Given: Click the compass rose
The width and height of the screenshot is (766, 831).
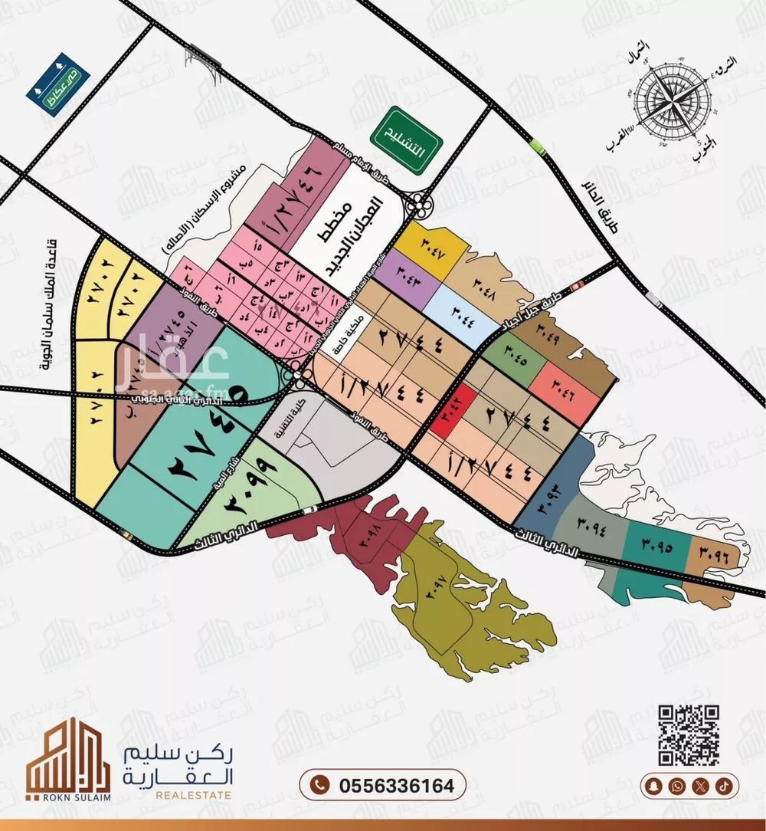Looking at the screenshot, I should point(665,99).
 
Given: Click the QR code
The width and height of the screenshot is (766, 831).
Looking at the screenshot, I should point(689,734).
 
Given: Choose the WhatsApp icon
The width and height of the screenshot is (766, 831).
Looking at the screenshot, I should point(677,786).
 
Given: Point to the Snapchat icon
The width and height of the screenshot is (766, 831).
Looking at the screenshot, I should point(653,786).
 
